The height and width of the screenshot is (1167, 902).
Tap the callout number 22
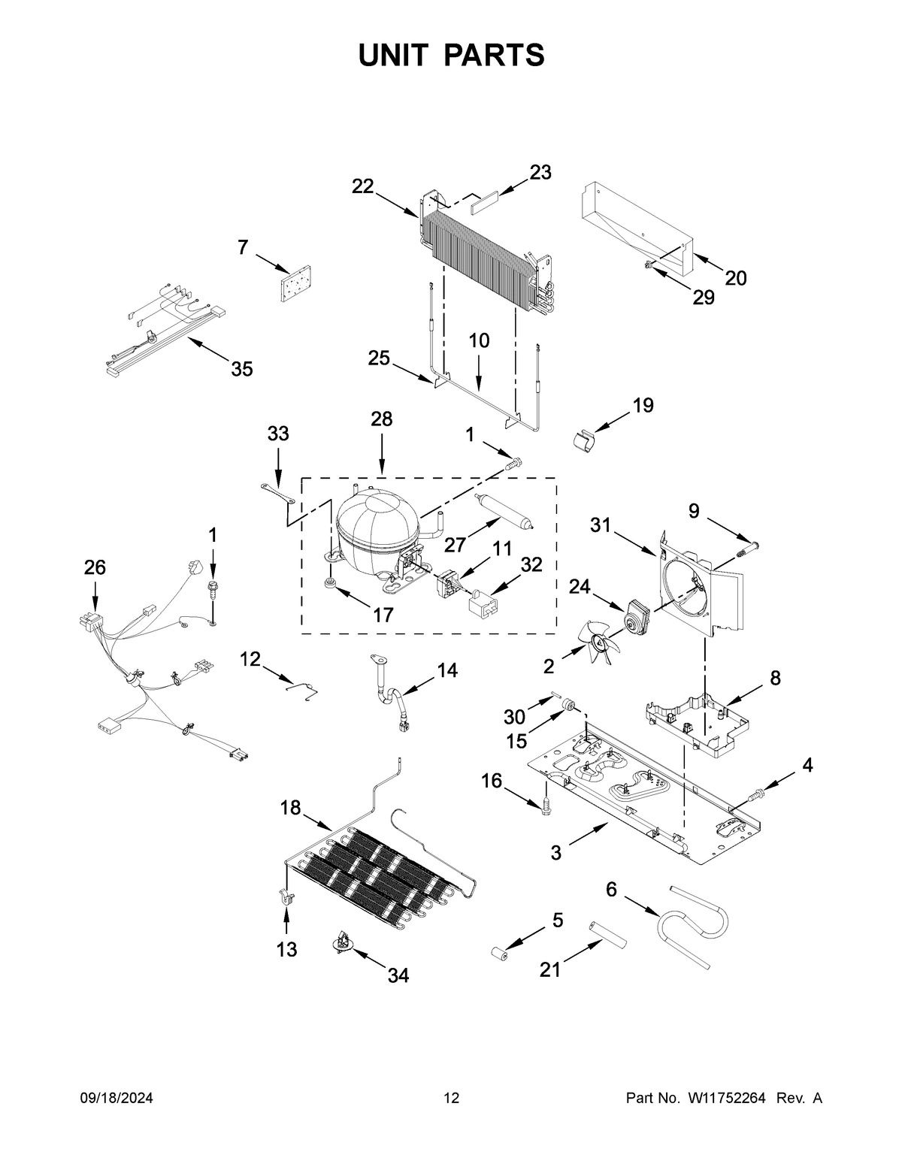[x=363, y=186]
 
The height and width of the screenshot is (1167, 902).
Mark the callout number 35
[x=241, y=369]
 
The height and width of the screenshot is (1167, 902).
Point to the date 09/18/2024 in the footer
[x=117, y=1099]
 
